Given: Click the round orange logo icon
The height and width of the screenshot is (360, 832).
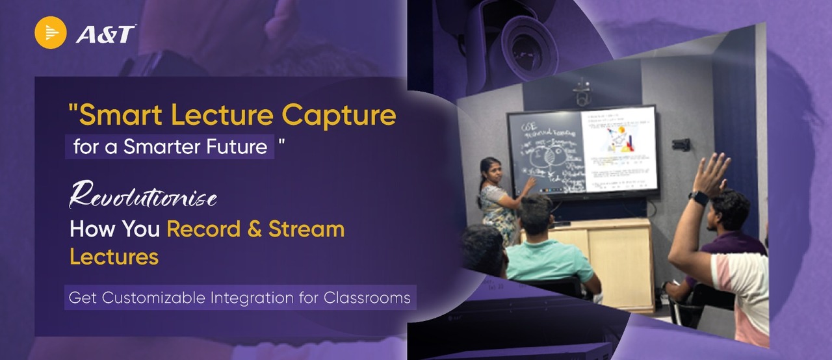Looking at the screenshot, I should (51, 32).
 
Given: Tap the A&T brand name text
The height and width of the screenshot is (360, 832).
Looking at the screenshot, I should (105, 34).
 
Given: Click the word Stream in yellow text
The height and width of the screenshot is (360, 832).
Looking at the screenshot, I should (306, 229).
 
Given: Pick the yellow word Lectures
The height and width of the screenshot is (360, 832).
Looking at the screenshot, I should (114, 257).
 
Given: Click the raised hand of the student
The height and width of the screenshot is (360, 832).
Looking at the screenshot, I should (712, 173).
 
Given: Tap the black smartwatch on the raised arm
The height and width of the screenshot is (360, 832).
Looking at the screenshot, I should (699, 198).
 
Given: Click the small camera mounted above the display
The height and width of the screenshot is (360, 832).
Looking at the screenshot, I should (582, 94).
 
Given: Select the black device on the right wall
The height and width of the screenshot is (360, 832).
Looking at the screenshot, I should (681, 144).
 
